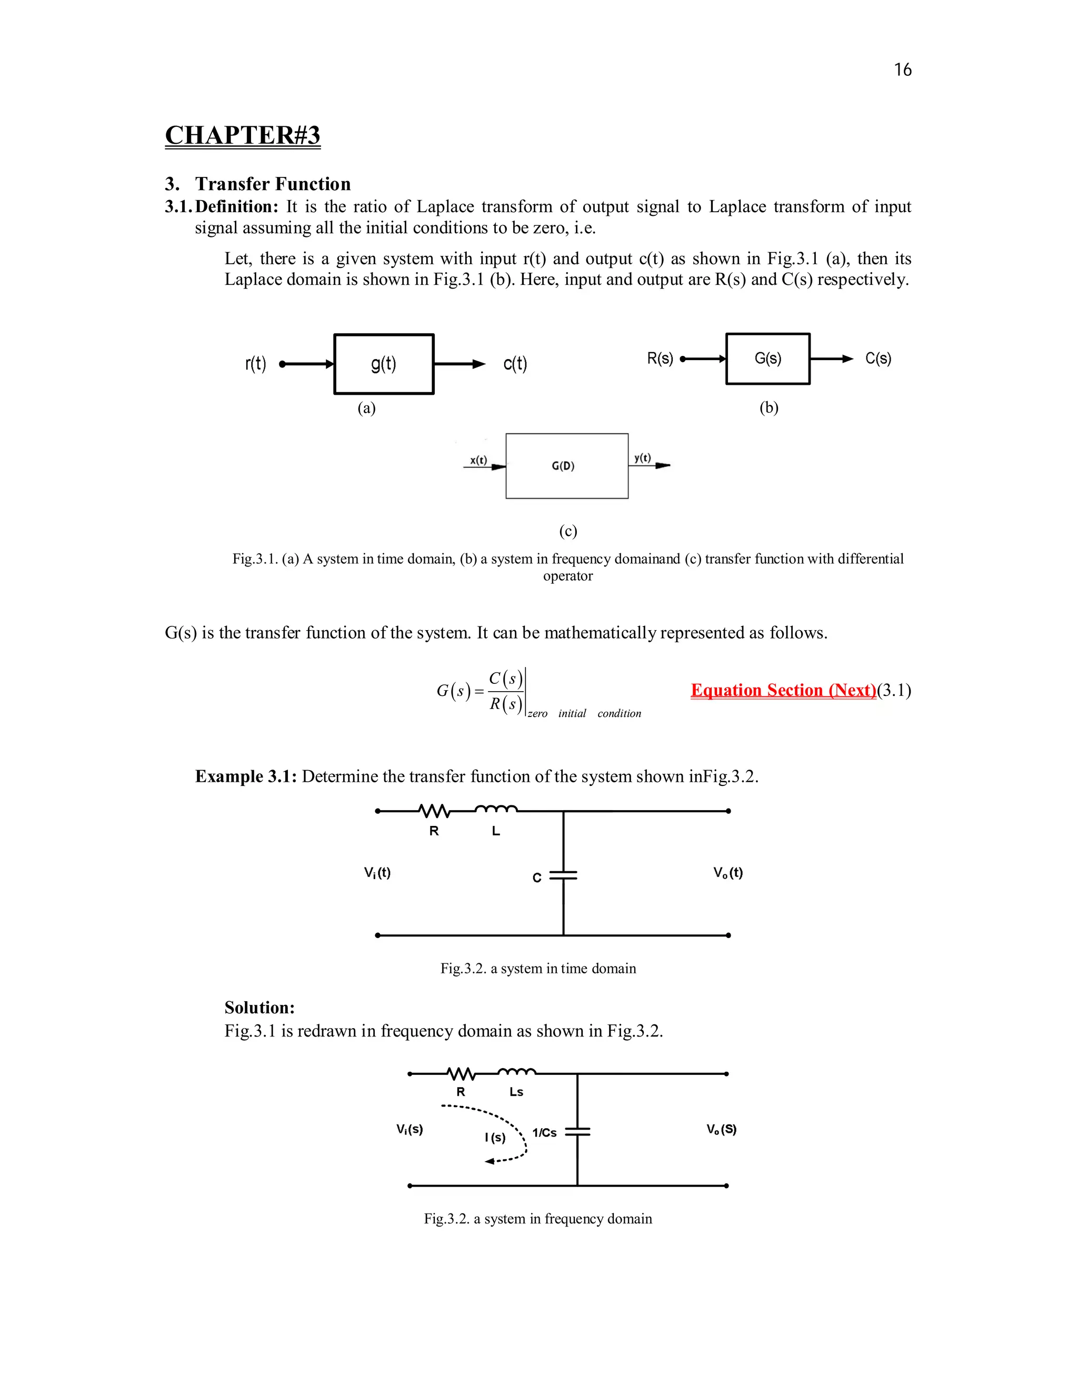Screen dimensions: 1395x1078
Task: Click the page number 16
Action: [x=902, y=69]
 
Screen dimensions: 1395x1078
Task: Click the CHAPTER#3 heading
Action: [x=243, y=135]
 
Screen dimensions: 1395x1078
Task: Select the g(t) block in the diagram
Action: [x=384, y=364]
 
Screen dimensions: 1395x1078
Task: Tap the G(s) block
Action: [x=767, y=359]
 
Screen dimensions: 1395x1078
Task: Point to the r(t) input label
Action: [x=255, y=364]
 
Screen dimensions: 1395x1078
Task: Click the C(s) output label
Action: [x=878, y=359]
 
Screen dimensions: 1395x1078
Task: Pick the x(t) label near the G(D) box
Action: [x=478, y=460]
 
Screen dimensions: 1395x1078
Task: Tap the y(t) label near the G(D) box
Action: [x=643, y=458]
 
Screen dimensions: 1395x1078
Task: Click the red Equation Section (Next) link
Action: [x=783, y=691]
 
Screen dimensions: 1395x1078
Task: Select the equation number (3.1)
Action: [x=894, y=691]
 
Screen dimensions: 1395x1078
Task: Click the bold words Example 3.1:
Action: [x=246, y=776]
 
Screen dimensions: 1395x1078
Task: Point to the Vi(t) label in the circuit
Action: [x=377, y=872]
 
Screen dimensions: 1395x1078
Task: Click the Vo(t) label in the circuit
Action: [x=728, y=872]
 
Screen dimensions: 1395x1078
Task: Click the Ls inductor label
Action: [x=516, y=1092]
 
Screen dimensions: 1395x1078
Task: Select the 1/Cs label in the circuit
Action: [x=544, y=1132]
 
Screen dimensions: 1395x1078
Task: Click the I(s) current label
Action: [x=495, y=1137]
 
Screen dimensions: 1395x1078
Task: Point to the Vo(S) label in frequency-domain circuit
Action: [x=722, y=1129]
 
